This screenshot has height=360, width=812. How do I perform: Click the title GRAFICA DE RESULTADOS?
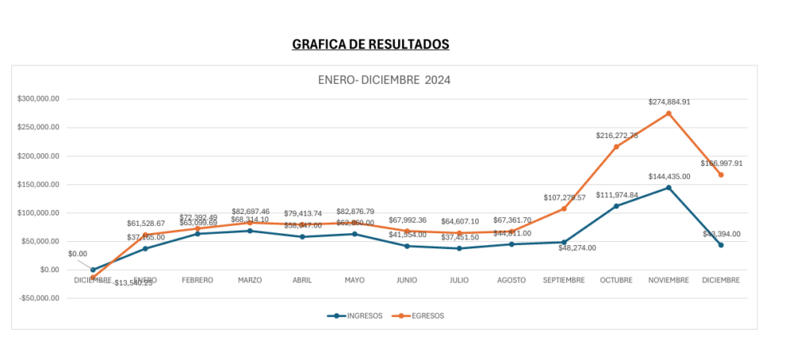click(370, 44)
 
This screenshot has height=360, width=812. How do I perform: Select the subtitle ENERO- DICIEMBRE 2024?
click(384, 80)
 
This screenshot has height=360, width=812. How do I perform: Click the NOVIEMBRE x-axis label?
click(668, 280)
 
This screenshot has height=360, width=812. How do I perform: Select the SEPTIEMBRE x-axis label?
click(564, 280)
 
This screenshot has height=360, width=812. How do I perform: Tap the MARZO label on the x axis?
click(250, 280)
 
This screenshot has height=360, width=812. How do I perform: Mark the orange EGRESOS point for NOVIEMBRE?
click(668, 113)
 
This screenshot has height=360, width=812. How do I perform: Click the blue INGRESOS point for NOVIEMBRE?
click(668, 188)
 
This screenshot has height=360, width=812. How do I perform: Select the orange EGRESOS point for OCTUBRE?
click(616, 147)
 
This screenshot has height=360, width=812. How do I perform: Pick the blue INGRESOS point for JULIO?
click(459, 248)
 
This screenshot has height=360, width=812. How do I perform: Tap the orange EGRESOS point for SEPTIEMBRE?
click(564, 209)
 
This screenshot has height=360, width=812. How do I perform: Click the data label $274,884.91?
click(669, 102)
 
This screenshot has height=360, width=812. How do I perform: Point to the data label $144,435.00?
click(669, 177)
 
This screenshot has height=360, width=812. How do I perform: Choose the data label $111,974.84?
click(617, 195)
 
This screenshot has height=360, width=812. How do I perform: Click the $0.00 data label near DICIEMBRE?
click(78, 254)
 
